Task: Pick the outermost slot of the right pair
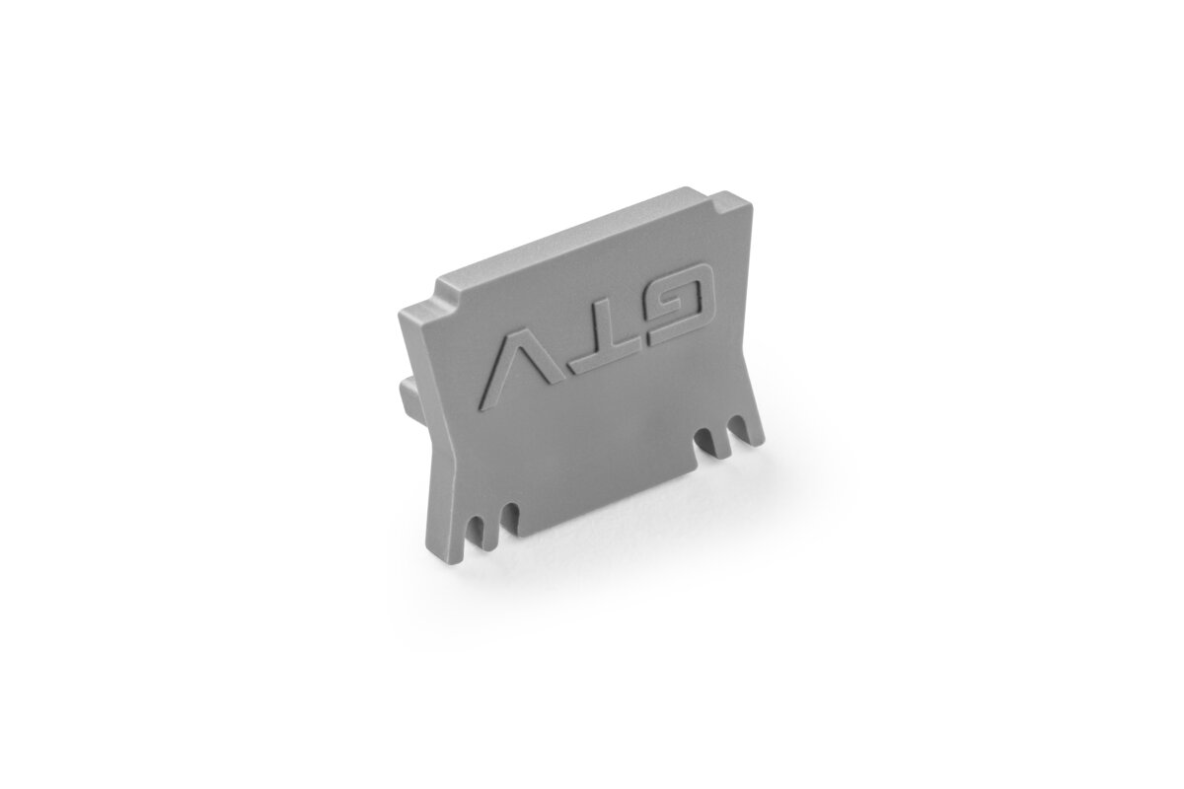pyautogui.click(x=737, y=427)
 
